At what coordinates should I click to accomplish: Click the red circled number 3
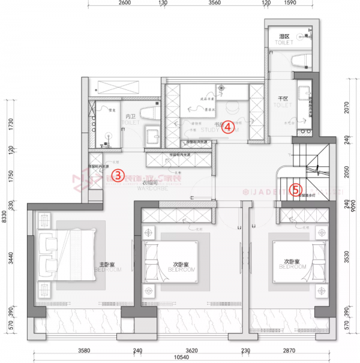(x=119, y=175)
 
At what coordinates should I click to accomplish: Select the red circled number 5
(x=295, y=190)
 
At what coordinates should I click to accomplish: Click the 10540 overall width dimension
(x=181, y=358)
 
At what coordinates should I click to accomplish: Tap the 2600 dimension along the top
(x=122, y=3)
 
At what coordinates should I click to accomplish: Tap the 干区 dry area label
(x=283, y=98)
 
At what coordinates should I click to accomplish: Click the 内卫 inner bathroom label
(x=130, y=116)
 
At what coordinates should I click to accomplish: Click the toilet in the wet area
(x=301, y=61)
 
